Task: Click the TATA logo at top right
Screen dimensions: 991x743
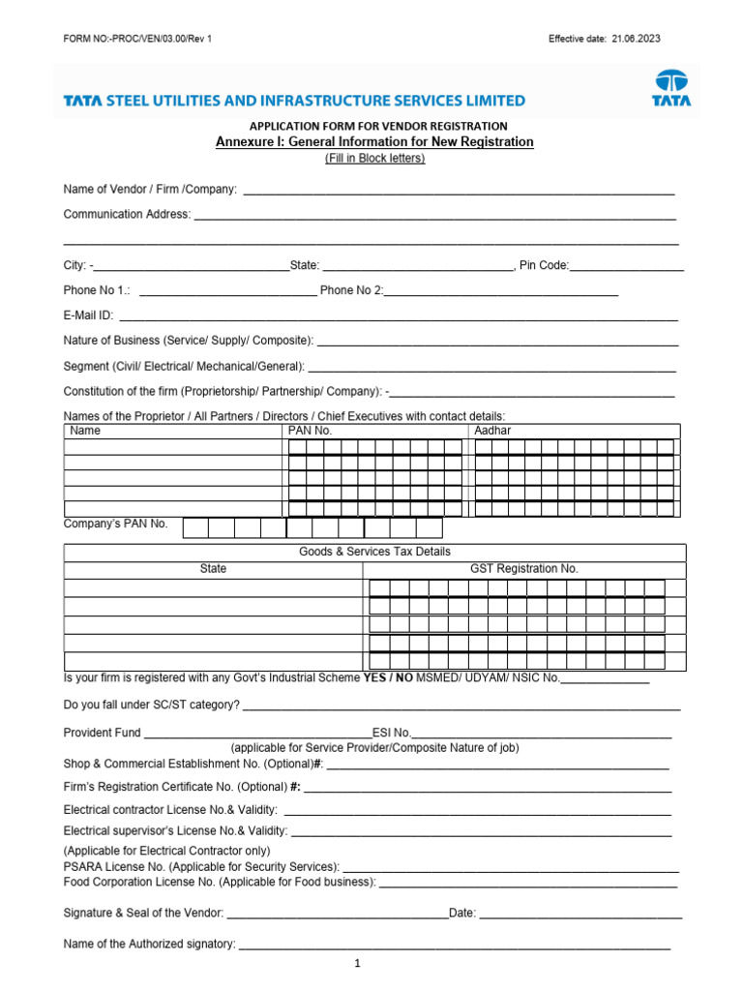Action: pyautogui.click(x=670, y=87)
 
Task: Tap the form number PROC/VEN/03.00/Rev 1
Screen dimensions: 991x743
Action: pyautogui.click(x=136, y=39)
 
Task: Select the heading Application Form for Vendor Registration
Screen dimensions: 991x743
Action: pyautogui.click(x=378, y=126)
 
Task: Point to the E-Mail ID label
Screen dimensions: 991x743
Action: pyautogui.click(x=89, y=315)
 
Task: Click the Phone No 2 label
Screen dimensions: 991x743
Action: pyautogui.click(x=351, y=290)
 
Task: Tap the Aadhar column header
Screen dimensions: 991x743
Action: pyautogui.click(x=492, y=431)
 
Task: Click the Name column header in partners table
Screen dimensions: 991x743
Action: pyautogui.click(x=86, y=431)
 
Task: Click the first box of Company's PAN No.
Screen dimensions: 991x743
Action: pyautogui.click(x=195, y=527)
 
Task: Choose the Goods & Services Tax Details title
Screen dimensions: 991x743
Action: pyautogui.click(x=374, y=552)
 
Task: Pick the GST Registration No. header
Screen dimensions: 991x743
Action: pyautogui.click(x=523, y=569)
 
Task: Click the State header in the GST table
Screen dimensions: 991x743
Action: pyautogui.click(x=213, y=569)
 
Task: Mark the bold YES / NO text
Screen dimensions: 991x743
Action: pyautogui.click(x=387, y=678)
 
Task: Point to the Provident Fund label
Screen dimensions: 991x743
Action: pyautogui.click(x=102, y=733)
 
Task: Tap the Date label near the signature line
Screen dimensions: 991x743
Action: pyautogui.click(x=462, y=913)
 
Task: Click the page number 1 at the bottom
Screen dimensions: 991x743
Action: pyautogui.click(x=357, y=964)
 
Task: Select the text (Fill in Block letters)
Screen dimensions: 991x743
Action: pyautogui.click(x=374, y=158)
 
